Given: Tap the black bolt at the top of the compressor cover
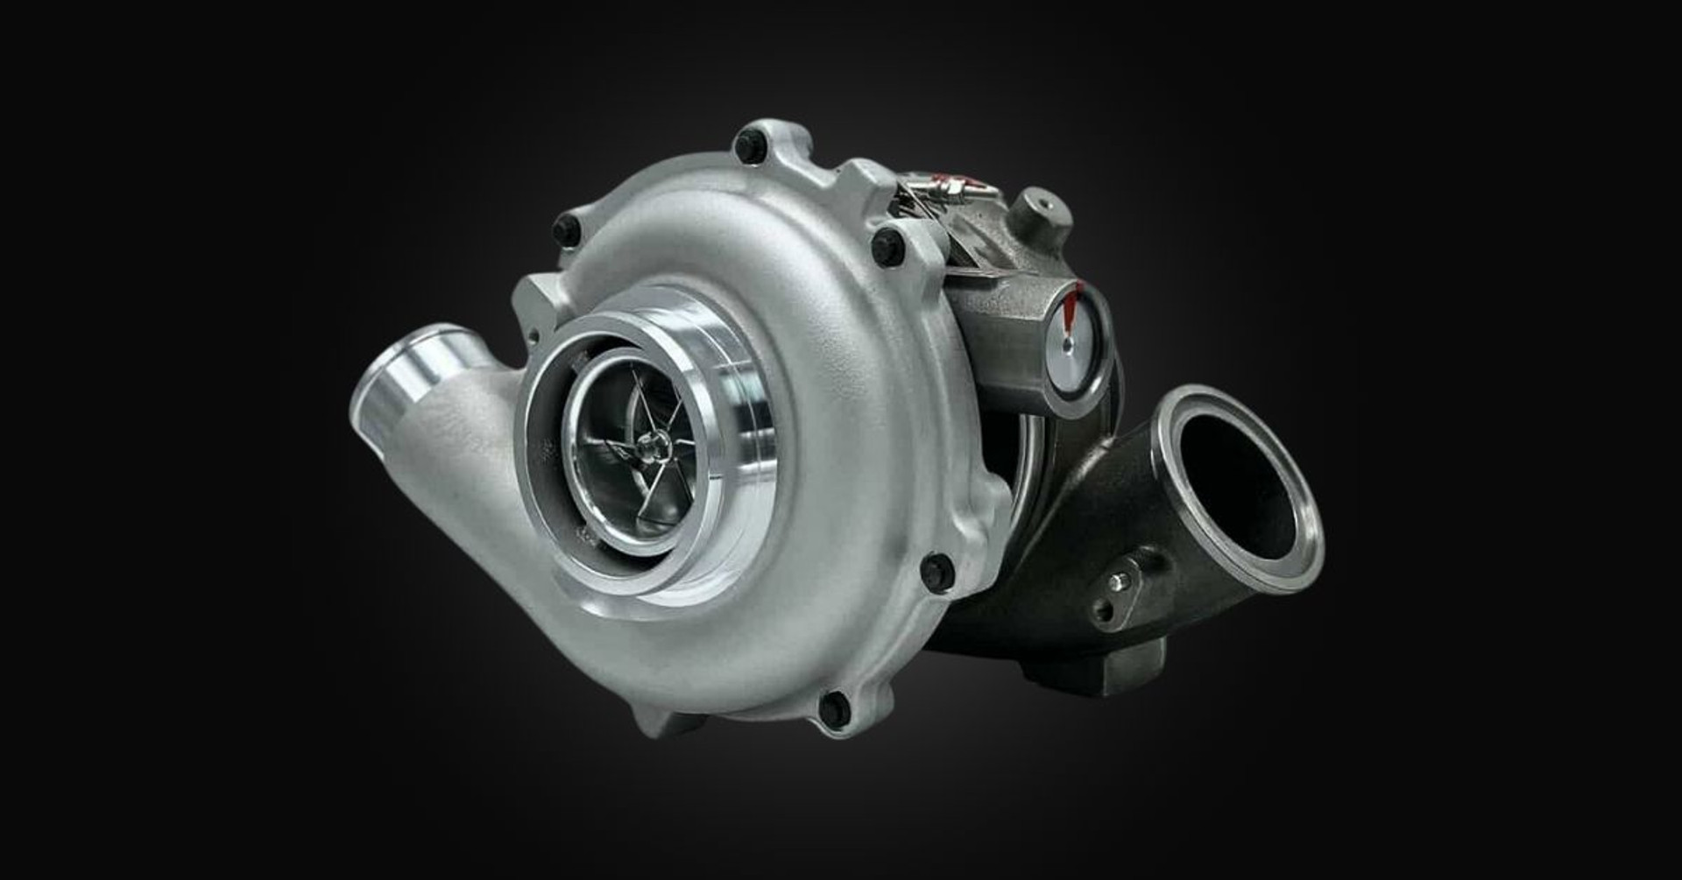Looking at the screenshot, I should (x=748, y=147).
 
